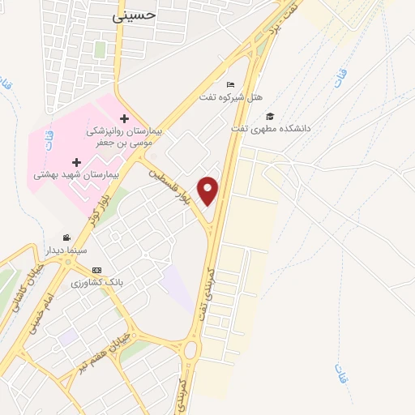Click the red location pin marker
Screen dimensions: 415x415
(209, 190)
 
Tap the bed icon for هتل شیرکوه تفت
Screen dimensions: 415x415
(231, 85)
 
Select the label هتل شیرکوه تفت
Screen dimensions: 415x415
(232, 98)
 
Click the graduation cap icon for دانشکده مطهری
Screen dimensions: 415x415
(270, 116)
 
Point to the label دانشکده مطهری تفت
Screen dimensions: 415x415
(271, 128)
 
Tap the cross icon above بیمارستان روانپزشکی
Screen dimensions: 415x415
(124, 119)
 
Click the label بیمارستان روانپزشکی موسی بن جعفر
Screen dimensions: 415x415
(126, 137)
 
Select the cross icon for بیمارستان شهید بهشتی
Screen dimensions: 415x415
(76, 162)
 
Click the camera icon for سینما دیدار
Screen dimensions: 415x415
(66, 237)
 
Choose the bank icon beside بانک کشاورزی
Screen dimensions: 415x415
(97, 270)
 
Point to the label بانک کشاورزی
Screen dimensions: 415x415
(96, 283)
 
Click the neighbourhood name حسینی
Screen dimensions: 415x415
(132, 15)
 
